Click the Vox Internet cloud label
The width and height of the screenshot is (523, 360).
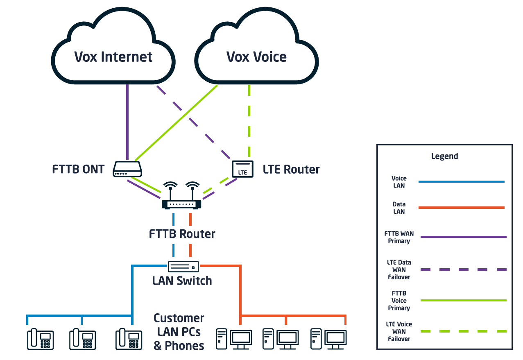113,57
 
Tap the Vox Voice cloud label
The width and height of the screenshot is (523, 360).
256,57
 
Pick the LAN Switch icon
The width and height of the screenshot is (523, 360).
183,266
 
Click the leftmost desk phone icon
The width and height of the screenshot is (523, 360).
40,339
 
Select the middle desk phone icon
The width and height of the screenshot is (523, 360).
82,339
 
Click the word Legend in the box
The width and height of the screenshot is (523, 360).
444,156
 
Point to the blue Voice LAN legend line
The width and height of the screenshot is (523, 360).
461,181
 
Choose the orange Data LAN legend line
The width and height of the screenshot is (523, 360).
461,208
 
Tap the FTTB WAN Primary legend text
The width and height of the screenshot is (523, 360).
399,237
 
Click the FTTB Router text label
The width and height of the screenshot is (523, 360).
182,234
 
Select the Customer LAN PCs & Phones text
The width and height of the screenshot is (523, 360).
179,332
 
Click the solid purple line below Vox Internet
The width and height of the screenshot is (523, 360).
127,123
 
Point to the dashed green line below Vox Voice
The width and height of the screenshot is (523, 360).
249,123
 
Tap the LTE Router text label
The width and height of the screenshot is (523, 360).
291,169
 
